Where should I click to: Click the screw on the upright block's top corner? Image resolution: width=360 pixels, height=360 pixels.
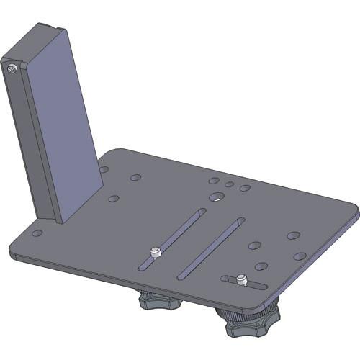coord(13,68)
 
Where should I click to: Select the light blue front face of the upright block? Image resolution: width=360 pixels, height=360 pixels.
coord(63,122)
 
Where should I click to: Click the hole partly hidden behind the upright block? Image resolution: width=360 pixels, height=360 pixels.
coord(104,170)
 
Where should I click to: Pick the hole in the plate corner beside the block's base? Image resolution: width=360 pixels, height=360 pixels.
coord(37,233)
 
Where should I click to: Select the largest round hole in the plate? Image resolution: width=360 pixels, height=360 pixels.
coord(216,197)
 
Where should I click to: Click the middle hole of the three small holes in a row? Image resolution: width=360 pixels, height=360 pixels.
coord(229,184)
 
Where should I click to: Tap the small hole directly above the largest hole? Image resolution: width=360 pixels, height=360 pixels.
coord(214,181)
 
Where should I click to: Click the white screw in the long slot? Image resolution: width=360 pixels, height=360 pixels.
coord(155,253)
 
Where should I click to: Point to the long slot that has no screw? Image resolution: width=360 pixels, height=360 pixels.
coord(210,248)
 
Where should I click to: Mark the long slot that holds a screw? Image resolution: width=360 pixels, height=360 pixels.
coord(173,238)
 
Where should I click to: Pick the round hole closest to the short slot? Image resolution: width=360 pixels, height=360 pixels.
coord(261,266)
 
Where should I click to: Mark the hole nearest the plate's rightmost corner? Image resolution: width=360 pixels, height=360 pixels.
coord(300,256)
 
